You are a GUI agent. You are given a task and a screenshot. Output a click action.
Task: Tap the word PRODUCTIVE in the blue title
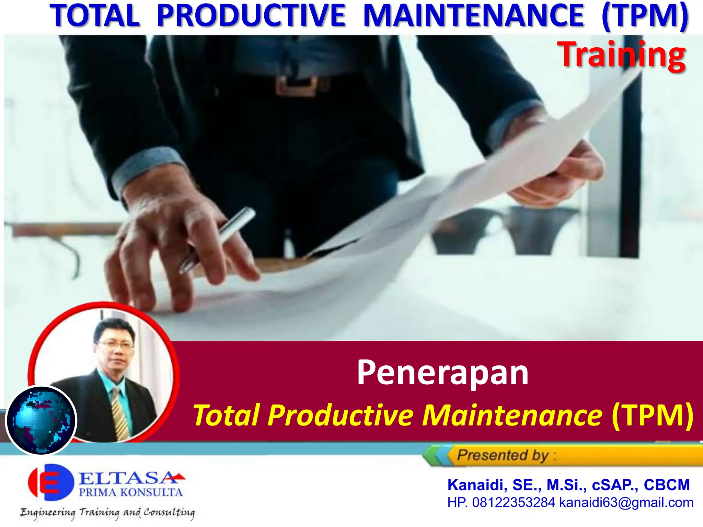tap(251, 15)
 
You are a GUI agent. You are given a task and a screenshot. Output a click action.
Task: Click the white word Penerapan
tap(442, 373)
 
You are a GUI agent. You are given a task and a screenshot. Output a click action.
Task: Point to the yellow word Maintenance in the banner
tap(512, 415)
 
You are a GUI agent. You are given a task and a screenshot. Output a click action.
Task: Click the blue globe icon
tap(41, 421)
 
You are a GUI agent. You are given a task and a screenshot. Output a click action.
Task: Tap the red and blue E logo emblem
tap(51, 482)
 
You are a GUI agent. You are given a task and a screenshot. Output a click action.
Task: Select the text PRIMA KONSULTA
tap(130, 493)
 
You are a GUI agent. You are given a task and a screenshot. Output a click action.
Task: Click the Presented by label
tap(503, 455)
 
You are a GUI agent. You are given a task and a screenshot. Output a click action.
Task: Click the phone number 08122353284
tap(514, 503)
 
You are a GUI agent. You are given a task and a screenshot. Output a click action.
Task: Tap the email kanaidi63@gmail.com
tap(626, 503)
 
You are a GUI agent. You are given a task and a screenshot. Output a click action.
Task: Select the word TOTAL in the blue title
tap(95, 15)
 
